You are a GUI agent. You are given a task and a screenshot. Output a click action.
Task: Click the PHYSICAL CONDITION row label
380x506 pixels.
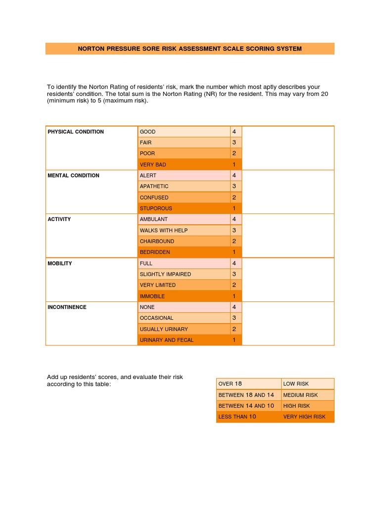[x=76, y=132]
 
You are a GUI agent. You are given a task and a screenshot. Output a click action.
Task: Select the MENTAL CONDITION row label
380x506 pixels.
[x=73, y=175]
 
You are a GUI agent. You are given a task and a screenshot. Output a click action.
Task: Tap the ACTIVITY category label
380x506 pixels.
[x=59, y=219]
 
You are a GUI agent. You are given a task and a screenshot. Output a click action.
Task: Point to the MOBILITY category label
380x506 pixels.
[x=60, y=263]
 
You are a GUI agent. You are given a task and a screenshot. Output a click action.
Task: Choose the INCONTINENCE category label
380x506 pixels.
[x=67, y=307]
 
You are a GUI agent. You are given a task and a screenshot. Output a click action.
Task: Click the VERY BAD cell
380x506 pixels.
[x=153, y=165]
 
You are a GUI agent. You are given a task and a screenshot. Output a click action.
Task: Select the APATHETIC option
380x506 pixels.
[x=154, y=186]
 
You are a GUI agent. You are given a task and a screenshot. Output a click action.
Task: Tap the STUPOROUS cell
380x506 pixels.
[x=156, y=209]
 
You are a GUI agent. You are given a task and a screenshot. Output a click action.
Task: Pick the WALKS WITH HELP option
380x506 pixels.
[x=164, y=230]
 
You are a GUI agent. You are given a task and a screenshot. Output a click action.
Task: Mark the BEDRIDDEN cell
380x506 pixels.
[x=155, y=252]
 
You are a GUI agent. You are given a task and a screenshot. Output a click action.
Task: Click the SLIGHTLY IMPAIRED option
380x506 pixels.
[x=165, y=274]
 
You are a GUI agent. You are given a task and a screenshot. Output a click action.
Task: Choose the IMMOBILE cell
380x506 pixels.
[x=152, y=296]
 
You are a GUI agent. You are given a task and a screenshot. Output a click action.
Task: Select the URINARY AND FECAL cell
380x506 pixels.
[x=167, y=340]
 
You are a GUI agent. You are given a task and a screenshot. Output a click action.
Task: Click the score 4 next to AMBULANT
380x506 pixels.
[x=234, y=219]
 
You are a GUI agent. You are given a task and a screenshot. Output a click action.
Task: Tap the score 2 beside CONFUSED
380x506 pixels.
[x=234, y=197]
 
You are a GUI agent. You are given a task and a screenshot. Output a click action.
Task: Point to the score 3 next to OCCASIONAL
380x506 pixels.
[x=234, y=318]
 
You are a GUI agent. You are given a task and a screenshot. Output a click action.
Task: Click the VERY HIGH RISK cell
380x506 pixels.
[x=304, y=417]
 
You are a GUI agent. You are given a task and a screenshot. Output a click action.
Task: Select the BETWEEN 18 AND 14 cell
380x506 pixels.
[x=246, y=395]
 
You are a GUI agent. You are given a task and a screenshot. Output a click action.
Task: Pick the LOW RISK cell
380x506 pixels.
[x=296, y=384]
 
